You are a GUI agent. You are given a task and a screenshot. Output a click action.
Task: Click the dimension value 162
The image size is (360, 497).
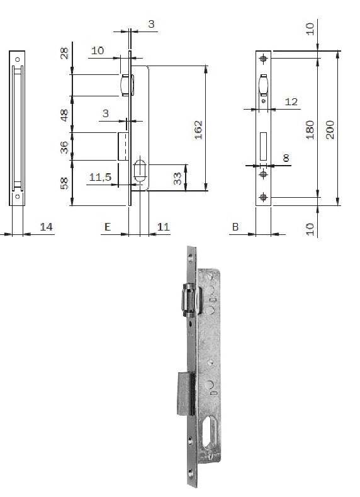point(198,130)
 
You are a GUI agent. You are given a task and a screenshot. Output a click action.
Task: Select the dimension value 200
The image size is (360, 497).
point(330,129)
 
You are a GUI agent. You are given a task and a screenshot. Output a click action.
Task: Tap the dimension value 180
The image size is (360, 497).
point(310,130)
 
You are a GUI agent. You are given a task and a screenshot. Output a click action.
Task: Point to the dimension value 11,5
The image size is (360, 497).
point(100,177)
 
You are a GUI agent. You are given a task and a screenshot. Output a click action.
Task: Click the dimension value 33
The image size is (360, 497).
point(178,178)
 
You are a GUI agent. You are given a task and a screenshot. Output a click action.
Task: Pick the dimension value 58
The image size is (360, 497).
point(64,183)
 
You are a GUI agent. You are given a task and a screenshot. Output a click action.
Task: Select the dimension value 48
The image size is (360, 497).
point(64,115)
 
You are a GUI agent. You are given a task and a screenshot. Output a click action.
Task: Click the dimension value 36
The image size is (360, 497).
point(64,147)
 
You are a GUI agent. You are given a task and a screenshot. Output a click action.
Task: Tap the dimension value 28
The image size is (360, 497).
point(64,54)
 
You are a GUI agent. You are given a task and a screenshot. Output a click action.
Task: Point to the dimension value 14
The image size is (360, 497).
point(46,227)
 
